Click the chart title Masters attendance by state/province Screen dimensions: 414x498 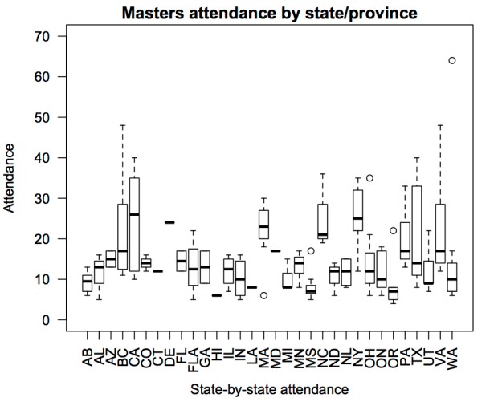click(271, 13)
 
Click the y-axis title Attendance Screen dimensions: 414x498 click(10, 178)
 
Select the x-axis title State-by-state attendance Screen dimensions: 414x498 click(269, 390)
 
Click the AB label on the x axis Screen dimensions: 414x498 click(87, 352)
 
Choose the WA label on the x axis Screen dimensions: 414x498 click(452, 352)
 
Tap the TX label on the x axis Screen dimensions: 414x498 click(416, 352)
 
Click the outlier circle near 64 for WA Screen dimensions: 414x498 click(452, 60)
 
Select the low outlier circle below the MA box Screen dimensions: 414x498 click(263, 295)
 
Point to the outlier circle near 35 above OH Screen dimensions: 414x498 click(369, 178)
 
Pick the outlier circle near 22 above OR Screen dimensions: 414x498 click(393, 231)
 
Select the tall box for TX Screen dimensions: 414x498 click(416, 233)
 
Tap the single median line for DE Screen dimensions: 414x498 click(169, 222)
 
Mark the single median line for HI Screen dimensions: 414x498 click(217, 295)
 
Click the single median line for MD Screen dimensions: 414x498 click(276, 251)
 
